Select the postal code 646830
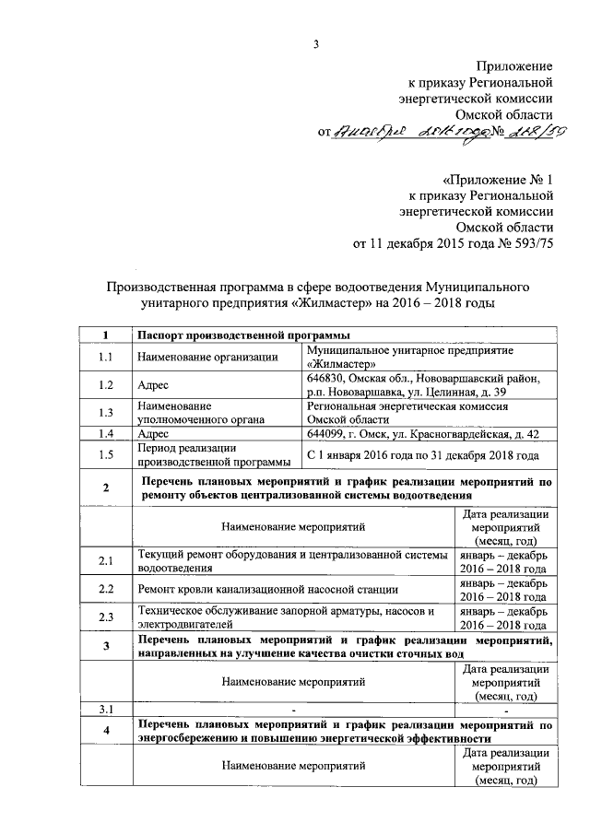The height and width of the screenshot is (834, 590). (x=329, y=378)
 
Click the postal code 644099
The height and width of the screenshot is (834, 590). (x=329, y=432)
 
